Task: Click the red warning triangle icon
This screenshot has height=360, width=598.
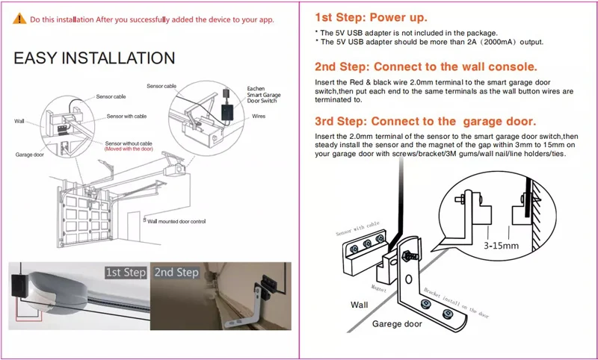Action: coord(20,20)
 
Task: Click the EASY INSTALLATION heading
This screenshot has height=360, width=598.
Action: coord(94,58)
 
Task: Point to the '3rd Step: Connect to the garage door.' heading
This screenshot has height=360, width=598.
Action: coord(425,121)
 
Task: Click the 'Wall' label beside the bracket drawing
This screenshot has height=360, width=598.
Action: coord(359,305)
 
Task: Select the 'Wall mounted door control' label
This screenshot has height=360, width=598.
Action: coord(176,221)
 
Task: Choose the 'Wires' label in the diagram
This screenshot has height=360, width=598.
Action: coord(259,117)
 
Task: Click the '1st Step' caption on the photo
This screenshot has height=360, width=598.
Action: coord(125,273)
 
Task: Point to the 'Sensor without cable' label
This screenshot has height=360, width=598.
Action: coord(128,143)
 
